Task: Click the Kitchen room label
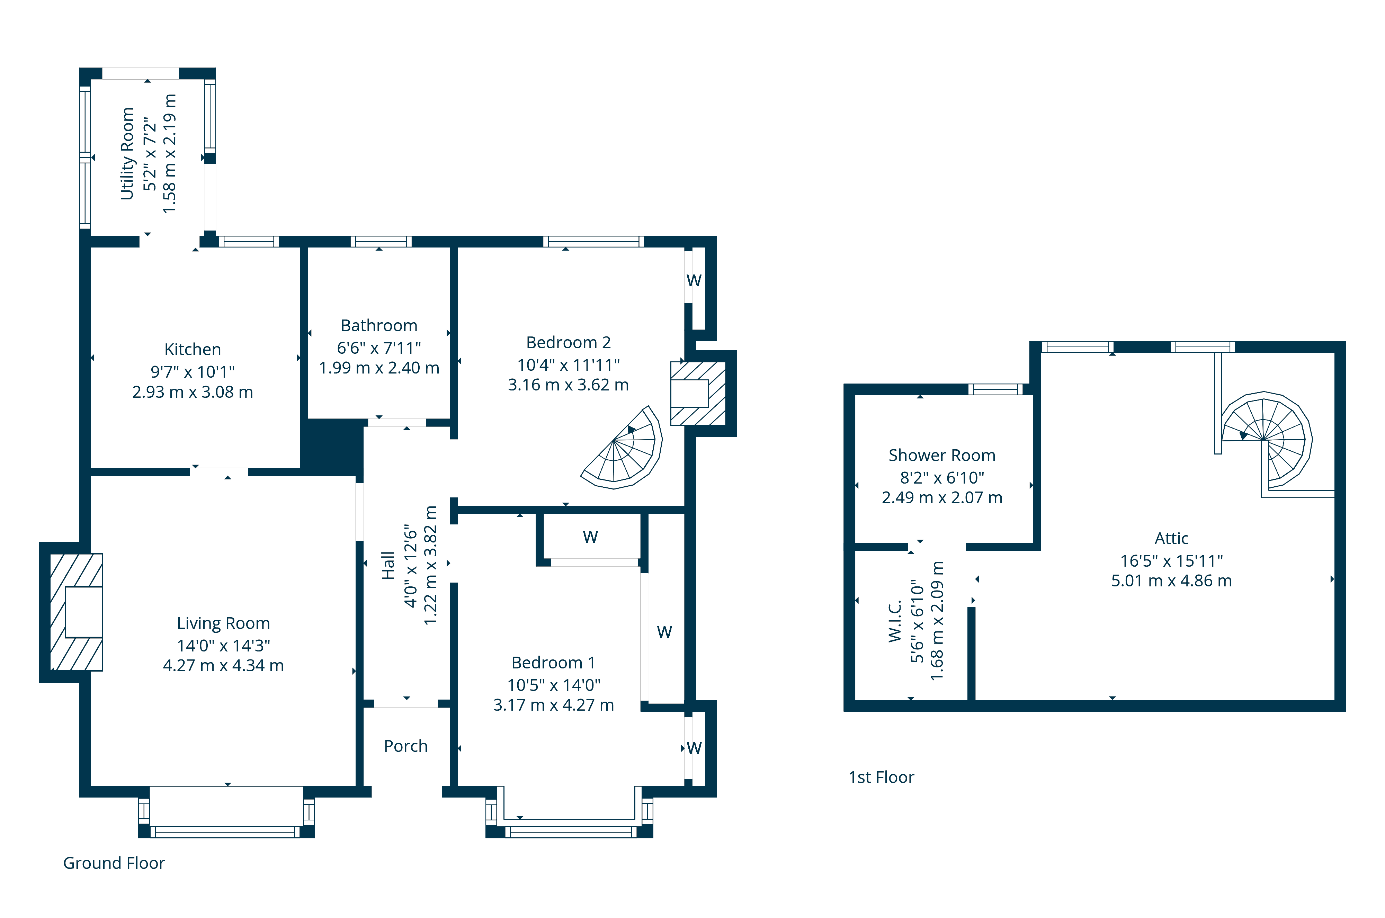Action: click(x=192, y=350)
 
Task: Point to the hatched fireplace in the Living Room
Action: click(x=76, y=612)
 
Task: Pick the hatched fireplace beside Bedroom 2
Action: click(x=698, y=394)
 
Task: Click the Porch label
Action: click(x=405, y=746)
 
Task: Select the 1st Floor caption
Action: click(x=881, y=777)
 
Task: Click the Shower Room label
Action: click(x=942, y=456)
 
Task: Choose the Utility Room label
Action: click(x=127, y=153)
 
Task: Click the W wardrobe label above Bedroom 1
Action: click(x=590, y=537)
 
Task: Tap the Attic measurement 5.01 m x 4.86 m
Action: click(x=1171, y=581)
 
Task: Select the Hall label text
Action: click(x=388, y=566)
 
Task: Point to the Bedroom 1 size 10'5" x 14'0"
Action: click(x=553, y=685)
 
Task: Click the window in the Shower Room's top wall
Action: click(x=995, y=389)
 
